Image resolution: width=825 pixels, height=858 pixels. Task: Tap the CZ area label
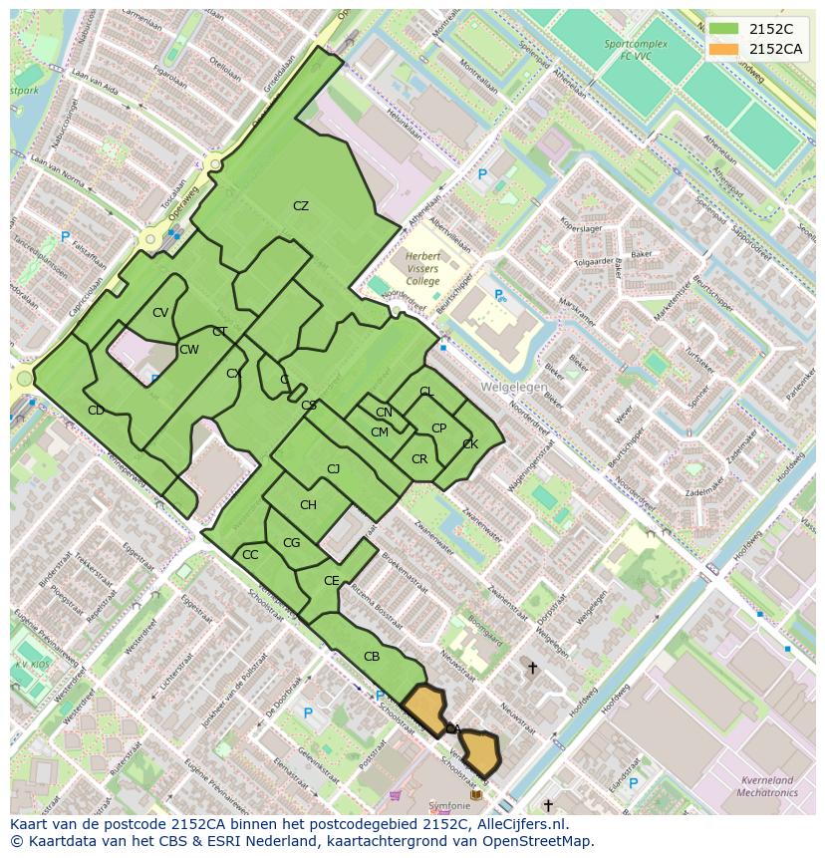tap(301, 206)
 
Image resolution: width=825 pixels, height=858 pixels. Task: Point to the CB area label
tap(372, 657)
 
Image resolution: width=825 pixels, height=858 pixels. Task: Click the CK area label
tap(470, 444)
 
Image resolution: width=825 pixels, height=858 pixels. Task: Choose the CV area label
tap(160, 313)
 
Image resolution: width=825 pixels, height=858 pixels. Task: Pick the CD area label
tap(96, 411)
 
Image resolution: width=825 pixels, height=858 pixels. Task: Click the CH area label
tap(308, 505)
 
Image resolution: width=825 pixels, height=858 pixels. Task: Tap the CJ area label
tap(334, 469)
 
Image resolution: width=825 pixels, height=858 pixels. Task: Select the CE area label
tap(332, 580)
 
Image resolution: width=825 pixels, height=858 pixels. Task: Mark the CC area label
tap(250, 555)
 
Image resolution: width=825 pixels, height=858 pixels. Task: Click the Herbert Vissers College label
tap(422, 269)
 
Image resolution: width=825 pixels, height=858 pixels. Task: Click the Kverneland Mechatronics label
tap(768, 786)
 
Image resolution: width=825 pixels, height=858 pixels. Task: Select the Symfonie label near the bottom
tap(448, 805)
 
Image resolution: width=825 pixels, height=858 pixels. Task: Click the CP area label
tap(438, 429)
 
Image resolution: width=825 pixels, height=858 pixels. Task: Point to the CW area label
tap(188, 350)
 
